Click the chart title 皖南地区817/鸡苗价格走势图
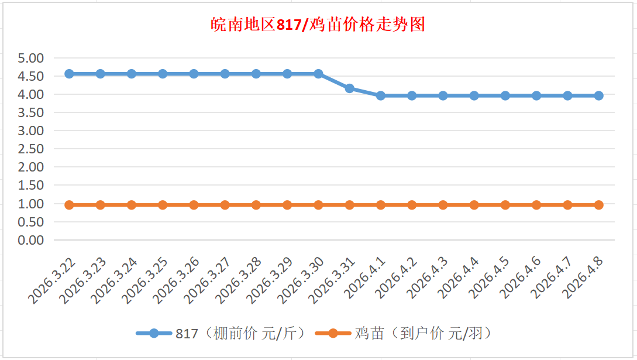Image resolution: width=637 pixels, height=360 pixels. (318, 25)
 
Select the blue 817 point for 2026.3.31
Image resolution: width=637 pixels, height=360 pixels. (349, 88)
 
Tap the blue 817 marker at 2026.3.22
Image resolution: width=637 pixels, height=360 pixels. (69, 74)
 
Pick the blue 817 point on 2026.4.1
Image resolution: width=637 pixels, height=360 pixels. (381, 95)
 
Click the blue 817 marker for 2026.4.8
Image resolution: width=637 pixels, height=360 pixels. (598, 95)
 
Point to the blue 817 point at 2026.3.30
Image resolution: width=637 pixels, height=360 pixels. (318, 74)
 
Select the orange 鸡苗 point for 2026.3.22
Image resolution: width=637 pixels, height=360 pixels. (69, 205)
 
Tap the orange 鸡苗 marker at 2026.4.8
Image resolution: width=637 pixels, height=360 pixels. (598, 205)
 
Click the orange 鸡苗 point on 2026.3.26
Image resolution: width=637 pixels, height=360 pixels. (194, 205)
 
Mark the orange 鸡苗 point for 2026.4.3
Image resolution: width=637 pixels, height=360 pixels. (443, 205)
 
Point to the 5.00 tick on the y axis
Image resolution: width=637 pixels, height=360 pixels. (31, 58)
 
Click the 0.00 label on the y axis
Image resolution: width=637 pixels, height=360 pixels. (31, 240)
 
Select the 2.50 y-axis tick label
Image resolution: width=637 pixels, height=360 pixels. (31, 149)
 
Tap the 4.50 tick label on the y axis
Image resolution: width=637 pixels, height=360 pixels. (31, 76)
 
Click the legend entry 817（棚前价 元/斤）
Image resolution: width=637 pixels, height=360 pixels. (223, 334)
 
